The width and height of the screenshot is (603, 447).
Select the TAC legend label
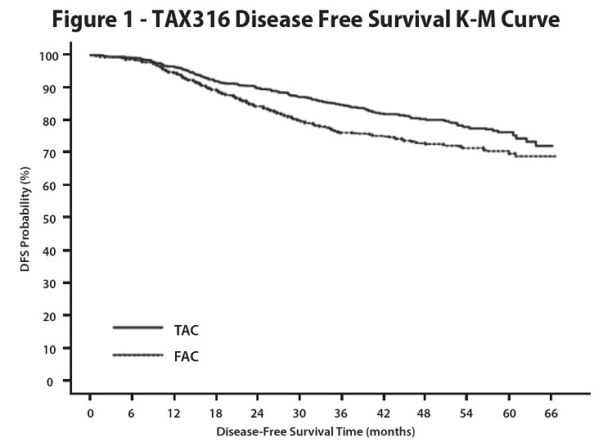tap(187, 330)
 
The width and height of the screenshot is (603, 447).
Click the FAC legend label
tap(187, 356)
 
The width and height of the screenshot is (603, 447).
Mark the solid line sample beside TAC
tap(139, 328)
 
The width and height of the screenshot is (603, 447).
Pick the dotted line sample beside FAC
tap(139, 354)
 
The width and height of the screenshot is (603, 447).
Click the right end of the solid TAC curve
tap(552, 146)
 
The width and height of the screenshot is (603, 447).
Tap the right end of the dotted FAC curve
tap(556, 156)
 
